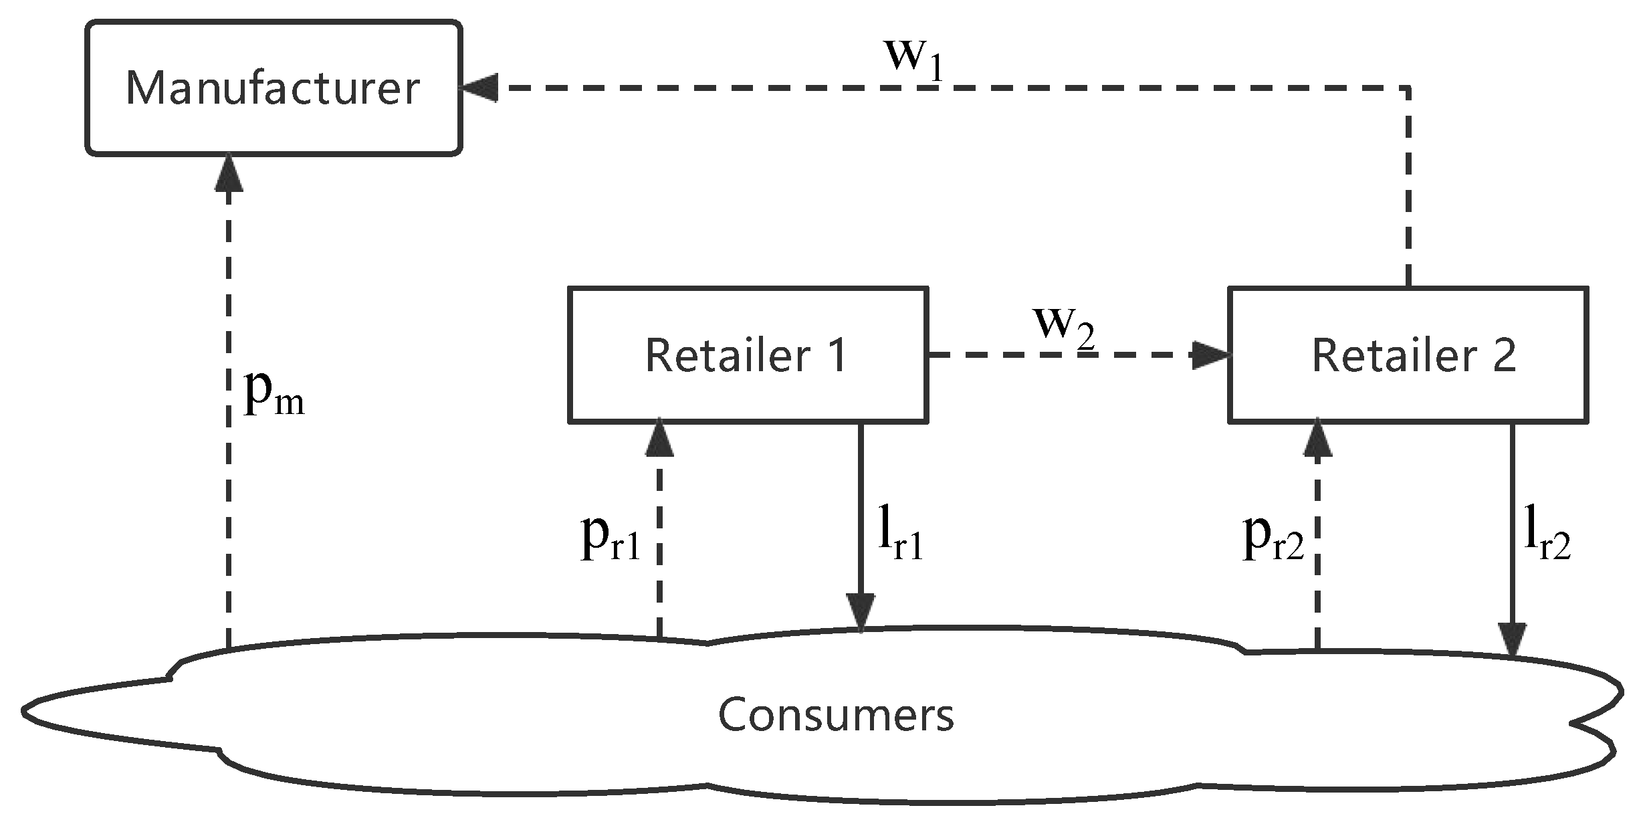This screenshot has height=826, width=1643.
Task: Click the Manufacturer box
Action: pos(273,88)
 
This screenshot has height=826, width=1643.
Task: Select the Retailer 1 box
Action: pos(747,354)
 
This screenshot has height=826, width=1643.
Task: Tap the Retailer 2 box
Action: pos(1408,354)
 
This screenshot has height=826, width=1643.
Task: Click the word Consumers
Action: pos(836,714)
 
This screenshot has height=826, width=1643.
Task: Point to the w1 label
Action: pos(913,59)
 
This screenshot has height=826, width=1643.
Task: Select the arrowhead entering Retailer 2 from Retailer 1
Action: pos(1212,354)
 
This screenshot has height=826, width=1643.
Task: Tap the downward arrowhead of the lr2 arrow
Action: pos(1512,639)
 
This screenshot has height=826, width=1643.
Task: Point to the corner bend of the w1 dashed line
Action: pos(1408,88)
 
